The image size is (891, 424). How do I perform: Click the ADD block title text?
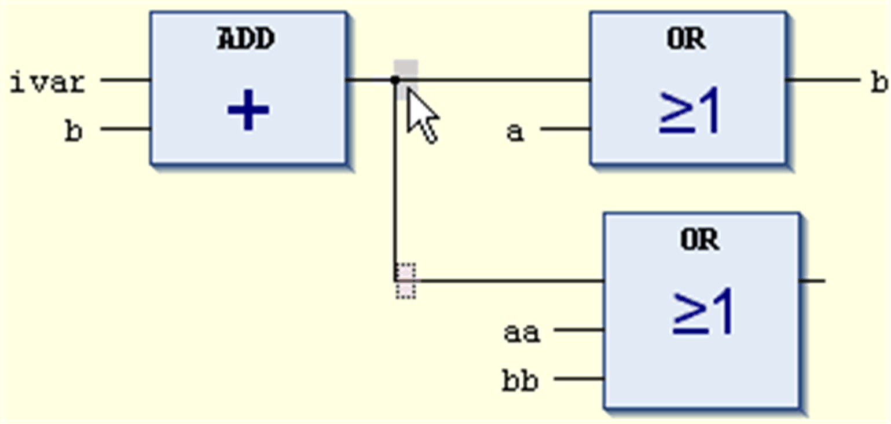246,39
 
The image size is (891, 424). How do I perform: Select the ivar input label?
48,83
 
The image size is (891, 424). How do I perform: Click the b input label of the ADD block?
74,131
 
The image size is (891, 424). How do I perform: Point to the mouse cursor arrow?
421,115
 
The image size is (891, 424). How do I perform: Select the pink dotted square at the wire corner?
405,281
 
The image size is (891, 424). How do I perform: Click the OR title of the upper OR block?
686,39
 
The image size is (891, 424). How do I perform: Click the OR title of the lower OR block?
700,239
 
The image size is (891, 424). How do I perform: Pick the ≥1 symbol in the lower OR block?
702,313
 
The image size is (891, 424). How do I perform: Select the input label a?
515,131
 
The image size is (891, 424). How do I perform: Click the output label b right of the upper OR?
879,83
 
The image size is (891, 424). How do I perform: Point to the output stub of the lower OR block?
812,282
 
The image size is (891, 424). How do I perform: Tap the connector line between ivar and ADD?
126,80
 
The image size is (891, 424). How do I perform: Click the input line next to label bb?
579,380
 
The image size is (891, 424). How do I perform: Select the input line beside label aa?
579,330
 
